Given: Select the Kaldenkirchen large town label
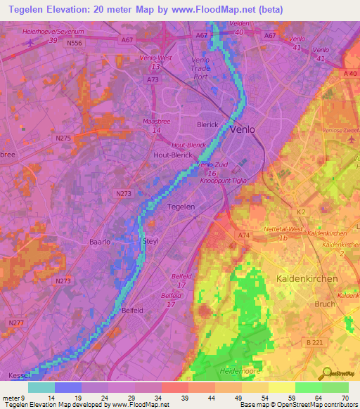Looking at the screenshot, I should pos(307,278).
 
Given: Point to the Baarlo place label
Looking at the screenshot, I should pos(100,241).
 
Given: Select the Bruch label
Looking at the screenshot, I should pos(325,305).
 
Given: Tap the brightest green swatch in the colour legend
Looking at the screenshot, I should pos(309,387).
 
